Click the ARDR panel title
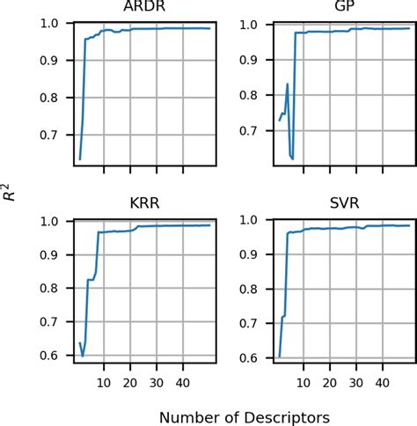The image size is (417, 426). tap(146, 9)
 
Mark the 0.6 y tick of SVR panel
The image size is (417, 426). tap(254, 357)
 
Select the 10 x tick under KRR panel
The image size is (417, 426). tap(104, 382)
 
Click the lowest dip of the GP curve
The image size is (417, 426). tap(292, 159)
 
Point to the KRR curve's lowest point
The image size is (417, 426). tap(83, 356)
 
